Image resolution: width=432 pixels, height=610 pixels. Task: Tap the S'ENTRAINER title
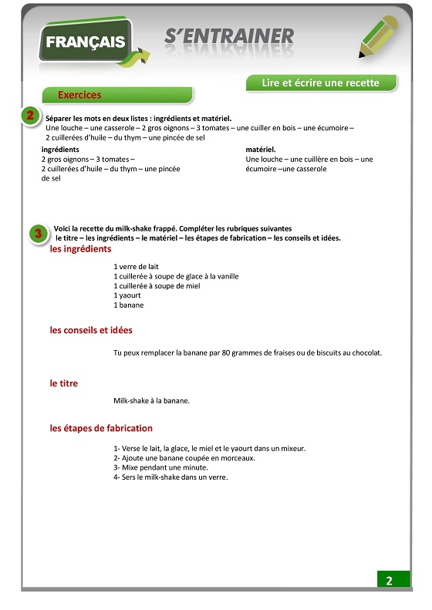229,36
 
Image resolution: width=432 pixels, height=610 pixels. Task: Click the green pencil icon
382,36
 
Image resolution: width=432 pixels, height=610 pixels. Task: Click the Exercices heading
80,95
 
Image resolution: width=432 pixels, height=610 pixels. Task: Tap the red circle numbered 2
29,116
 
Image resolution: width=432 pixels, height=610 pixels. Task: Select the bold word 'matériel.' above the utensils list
261,150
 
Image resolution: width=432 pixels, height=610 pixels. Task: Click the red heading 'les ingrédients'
81,249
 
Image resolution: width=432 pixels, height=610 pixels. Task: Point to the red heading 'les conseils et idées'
91,330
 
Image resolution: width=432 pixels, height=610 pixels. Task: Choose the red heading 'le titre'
64,383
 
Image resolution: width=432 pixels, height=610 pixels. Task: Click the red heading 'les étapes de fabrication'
101,428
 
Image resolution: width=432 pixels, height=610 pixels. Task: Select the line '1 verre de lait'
136,267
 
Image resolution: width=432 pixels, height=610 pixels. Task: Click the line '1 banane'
129,305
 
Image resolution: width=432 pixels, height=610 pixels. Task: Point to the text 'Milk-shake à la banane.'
151,401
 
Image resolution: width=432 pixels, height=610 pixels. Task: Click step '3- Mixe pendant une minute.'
160,467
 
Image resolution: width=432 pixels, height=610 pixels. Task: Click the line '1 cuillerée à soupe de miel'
157,286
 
